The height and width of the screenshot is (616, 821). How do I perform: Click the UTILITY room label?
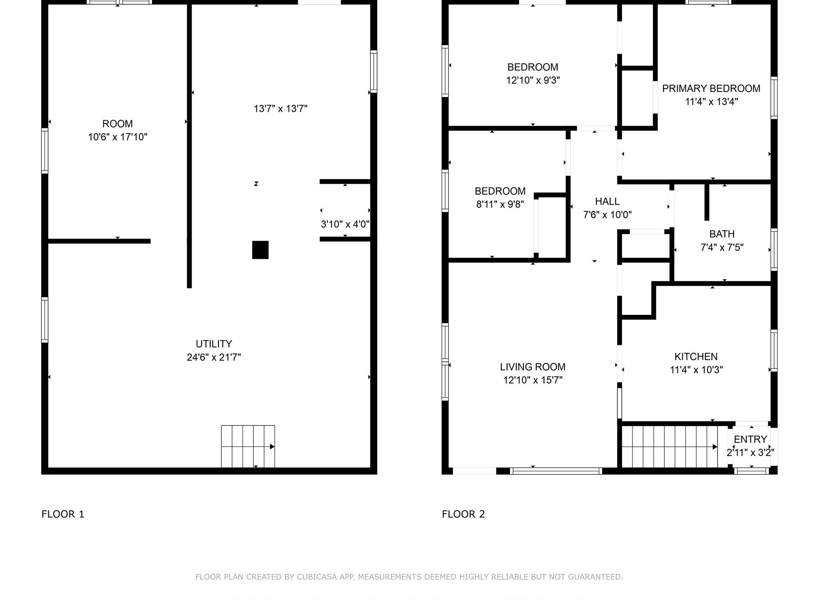[x=214, y=344]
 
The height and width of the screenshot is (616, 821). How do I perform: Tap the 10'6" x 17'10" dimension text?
[x=117, y=137]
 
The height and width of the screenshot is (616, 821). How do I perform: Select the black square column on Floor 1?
[x=260, y=250]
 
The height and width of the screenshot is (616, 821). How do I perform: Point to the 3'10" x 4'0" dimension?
[x=345, y=224]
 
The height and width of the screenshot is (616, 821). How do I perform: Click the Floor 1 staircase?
[x=248, y=446]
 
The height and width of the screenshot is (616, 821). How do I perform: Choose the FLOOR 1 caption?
[x=63, y=514]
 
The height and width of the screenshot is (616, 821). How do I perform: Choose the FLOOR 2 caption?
[x=463, y=514]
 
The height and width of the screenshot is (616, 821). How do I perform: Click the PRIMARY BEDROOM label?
[x=711, y=89]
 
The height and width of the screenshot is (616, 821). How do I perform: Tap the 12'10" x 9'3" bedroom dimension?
[x=533, y=80]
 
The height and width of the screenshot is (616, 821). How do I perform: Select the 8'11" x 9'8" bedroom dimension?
[x=500, y=205]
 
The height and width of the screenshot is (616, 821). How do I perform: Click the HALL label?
[x=607, y=201]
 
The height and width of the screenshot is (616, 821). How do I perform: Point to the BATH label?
[x=722, y=234]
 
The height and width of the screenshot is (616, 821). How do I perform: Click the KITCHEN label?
[x=696, y=357]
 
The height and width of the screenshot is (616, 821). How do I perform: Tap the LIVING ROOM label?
[x=532, y=367]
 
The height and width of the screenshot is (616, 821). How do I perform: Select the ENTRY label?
[x=750, y=439]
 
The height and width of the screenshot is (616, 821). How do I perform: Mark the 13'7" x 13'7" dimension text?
[x=280, y=109]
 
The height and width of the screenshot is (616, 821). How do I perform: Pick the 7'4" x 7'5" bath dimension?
[x=722, y=247]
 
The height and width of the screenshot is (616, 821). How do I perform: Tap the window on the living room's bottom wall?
[x=556, y=471]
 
